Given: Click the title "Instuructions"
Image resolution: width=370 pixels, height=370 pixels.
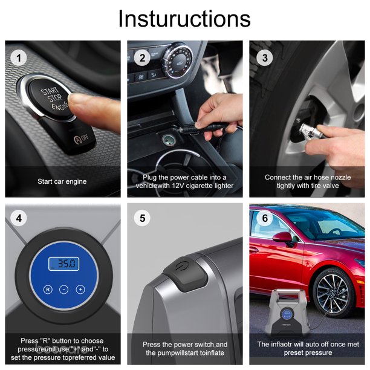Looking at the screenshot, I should point(184,19).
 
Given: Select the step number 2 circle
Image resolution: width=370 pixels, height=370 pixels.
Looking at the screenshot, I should point(143,58).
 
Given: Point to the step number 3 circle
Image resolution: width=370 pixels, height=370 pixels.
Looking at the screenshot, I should point(265,58).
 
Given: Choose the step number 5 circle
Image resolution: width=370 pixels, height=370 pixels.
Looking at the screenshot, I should point(143,218).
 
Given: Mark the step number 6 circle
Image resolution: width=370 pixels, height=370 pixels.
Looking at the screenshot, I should point(265,218).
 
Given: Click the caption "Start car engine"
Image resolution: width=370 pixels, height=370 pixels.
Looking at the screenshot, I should point(62,181).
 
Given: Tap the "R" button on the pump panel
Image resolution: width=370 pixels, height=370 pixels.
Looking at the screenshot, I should point(48,290).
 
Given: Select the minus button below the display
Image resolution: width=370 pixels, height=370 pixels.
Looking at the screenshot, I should point(64,290).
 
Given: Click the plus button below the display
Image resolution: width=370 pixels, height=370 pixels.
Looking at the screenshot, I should point(80,290).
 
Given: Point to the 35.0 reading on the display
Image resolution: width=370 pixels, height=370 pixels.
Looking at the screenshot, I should point(64,264).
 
